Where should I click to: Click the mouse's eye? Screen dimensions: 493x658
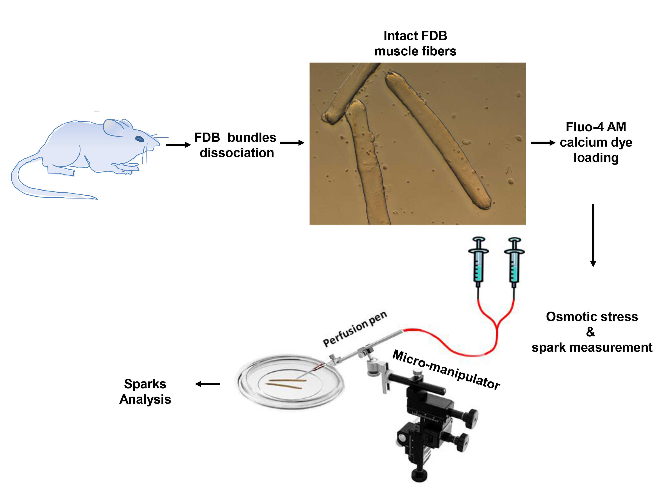[x=139, y=139]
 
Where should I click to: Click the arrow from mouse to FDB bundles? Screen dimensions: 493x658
[x=178, y=145]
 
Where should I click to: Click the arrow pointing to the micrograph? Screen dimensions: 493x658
[x=291, y=143]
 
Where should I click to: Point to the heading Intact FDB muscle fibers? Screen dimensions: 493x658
[x=415, y=43]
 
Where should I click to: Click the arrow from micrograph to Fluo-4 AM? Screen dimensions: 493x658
[x=543, y=143]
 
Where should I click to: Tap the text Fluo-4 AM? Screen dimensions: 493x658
[x=596, y=127]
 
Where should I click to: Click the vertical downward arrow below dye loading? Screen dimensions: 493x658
[x=593, y=235]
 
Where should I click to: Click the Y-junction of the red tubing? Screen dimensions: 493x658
[x=497, y=325]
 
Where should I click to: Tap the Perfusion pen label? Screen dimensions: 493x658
[x=355, y=329]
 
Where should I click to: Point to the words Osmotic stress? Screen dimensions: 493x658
[x=592, y=317]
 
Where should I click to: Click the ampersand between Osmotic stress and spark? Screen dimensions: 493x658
[x=590, y=332]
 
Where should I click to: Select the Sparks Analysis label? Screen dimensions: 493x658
[x=145, y=391]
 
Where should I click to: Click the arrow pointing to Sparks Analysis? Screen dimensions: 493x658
[x=207, y=384]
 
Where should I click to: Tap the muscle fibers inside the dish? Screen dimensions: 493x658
[x=286, y=384]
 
